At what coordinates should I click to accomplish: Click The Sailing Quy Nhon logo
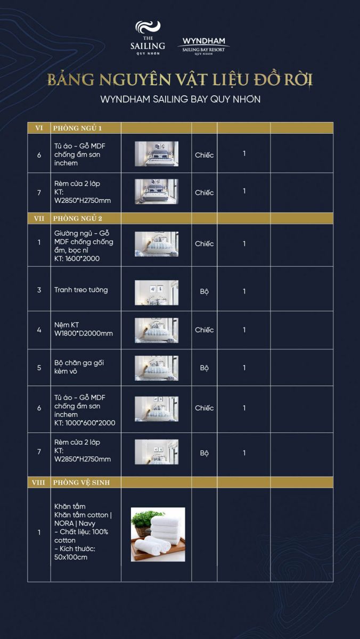point(148,38)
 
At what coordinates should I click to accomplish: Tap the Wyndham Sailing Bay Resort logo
point(203,46)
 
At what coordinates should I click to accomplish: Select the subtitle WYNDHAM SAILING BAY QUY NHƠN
point(181,99)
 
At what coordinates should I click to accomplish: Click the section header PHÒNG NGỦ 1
point(77,128)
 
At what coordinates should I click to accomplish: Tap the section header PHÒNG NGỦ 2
point(78,218)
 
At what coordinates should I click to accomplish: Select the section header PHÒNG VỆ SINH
point(81,482)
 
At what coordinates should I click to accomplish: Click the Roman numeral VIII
point(38,482)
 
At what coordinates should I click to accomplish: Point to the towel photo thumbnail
point(158,534)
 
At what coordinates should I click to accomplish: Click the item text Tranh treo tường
point(81,290)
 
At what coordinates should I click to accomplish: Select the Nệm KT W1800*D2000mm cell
point(84,329)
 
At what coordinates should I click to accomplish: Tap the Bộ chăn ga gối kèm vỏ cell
point(79,367)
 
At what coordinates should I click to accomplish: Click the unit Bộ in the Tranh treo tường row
point(204,291)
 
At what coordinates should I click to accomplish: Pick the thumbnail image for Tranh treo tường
point(157,292)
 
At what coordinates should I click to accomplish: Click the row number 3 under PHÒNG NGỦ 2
point(39,290)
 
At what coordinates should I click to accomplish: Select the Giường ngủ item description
point(84,246)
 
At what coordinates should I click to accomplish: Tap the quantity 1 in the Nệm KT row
point(244,330)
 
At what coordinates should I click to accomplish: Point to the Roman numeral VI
point(39,128)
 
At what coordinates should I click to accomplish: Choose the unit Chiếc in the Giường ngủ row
point(204,244)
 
